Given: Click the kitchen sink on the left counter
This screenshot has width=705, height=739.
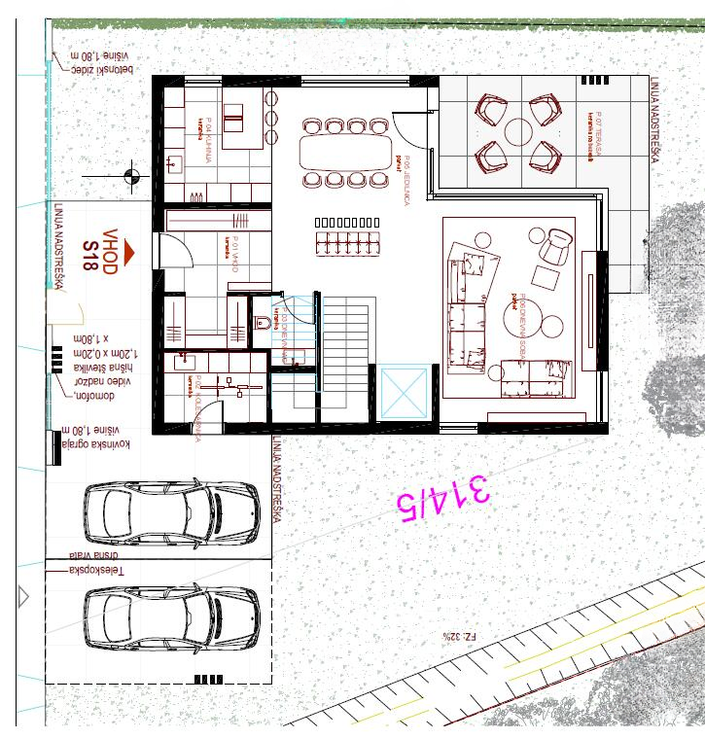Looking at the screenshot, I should [175, 163].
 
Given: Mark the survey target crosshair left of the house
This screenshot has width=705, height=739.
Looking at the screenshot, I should [132, 176].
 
